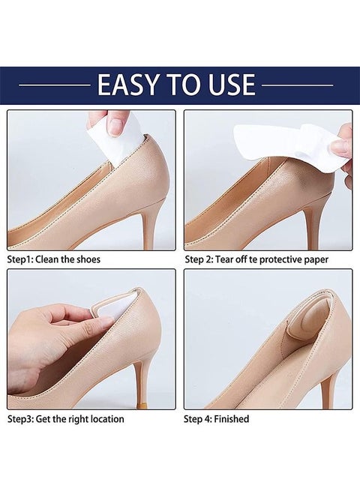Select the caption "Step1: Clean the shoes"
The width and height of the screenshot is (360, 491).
point(53,259)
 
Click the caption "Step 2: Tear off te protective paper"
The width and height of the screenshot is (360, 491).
point(256,259)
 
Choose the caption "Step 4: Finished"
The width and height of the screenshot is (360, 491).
point(216,418)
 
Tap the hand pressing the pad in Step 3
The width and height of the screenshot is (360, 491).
point(52,337)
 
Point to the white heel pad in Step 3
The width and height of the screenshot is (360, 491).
point(124,307)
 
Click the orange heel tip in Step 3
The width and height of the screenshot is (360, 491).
point(141,403)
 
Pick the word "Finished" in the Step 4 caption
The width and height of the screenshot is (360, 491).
point(232,418)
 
